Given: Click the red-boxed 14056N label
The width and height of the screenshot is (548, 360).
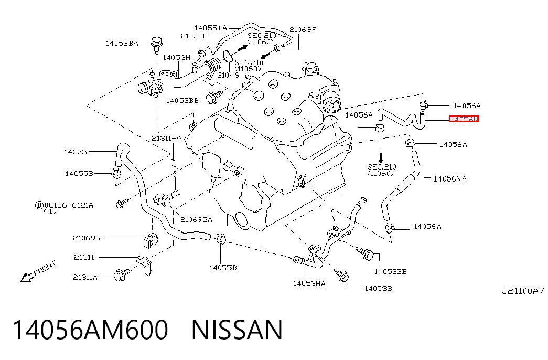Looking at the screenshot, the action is (464, 119).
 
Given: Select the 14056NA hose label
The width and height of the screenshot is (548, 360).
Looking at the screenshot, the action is (450, 179).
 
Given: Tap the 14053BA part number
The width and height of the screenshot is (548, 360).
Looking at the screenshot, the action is (122, 44).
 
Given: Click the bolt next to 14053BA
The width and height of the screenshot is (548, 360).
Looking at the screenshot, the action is (156, 44).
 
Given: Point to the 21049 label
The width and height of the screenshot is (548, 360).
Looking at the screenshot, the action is (228, 75).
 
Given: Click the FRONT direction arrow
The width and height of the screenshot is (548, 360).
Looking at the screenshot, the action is (26, 278).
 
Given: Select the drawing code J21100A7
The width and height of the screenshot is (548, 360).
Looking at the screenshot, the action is (523, 291).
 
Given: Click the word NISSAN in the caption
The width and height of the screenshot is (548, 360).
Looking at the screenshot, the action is (237, 330).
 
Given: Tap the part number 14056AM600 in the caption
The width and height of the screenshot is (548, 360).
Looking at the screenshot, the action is (91, 330).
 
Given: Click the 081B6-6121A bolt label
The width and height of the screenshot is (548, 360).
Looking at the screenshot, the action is (69, 205).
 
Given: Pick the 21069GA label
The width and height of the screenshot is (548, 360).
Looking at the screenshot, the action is (196, 220).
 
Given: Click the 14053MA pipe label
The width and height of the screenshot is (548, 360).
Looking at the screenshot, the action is (309, 283).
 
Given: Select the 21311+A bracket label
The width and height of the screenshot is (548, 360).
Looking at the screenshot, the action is (166, 138).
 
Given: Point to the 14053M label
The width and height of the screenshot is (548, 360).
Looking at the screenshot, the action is (177, 57).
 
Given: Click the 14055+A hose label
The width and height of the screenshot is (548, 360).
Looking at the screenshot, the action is (210, 28).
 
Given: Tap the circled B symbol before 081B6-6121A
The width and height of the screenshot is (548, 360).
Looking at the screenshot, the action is (39, 205).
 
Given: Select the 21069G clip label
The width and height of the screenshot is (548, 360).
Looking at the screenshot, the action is (87, 238).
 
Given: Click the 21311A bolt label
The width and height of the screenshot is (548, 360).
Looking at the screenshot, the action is (85, 277).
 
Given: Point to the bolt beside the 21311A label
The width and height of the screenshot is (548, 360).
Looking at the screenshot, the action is (123, 274).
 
